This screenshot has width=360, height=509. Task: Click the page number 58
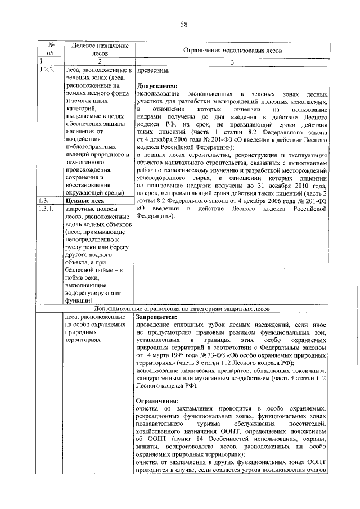click(x=183, y=24)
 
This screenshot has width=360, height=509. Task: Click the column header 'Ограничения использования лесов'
click(x=232, y=51)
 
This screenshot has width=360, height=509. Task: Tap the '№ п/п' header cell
click(x=50, y=50)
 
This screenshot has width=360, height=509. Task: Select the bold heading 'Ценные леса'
click(x=85, y=200)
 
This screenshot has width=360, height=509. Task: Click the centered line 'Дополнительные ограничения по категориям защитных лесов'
click(x=182, y=309)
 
